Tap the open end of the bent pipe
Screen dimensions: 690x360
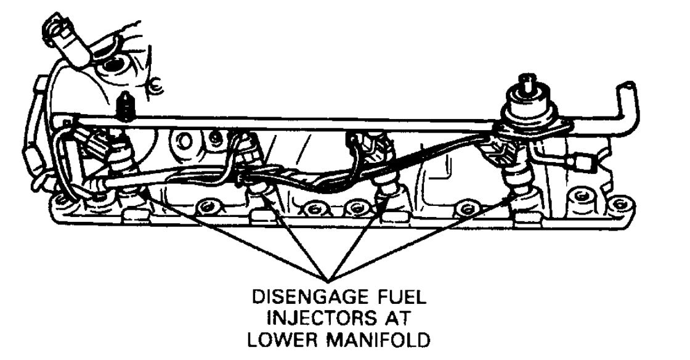point(629,87)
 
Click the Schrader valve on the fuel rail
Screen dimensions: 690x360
point(126,106)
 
